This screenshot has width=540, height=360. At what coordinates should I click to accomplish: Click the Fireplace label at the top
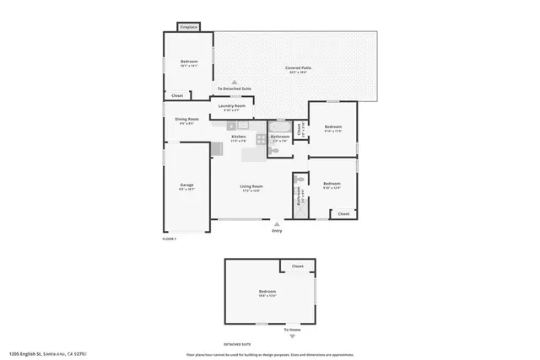188,28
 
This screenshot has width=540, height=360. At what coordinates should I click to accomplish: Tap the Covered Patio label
294,68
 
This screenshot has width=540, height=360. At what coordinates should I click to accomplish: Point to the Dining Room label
187,120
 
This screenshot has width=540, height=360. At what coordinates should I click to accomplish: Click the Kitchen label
239,137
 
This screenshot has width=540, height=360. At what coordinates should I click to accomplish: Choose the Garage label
186,185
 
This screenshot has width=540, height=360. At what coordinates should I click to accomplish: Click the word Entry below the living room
276,230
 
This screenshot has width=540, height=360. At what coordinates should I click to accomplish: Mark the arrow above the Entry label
276,223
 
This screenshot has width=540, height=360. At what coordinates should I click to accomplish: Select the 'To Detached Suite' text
234,89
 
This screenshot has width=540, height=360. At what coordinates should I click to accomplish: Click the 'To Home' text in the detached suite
292,329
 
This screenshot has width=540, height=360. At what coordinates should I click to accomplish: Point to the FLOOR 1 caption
170,239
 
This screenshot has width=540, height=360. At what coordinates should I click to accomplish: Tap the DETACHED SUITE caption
237,345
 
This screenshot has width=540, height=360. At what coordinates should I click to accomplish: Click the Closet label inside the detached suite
297,266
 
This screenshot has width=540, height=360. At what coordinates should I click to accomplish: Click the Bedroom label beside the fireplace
188,62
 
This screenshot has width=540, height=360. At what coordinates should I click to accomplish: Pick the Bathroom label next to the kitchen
280,137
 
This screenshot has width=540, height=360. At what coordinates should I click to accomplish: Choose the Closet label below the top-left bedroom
177,96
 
